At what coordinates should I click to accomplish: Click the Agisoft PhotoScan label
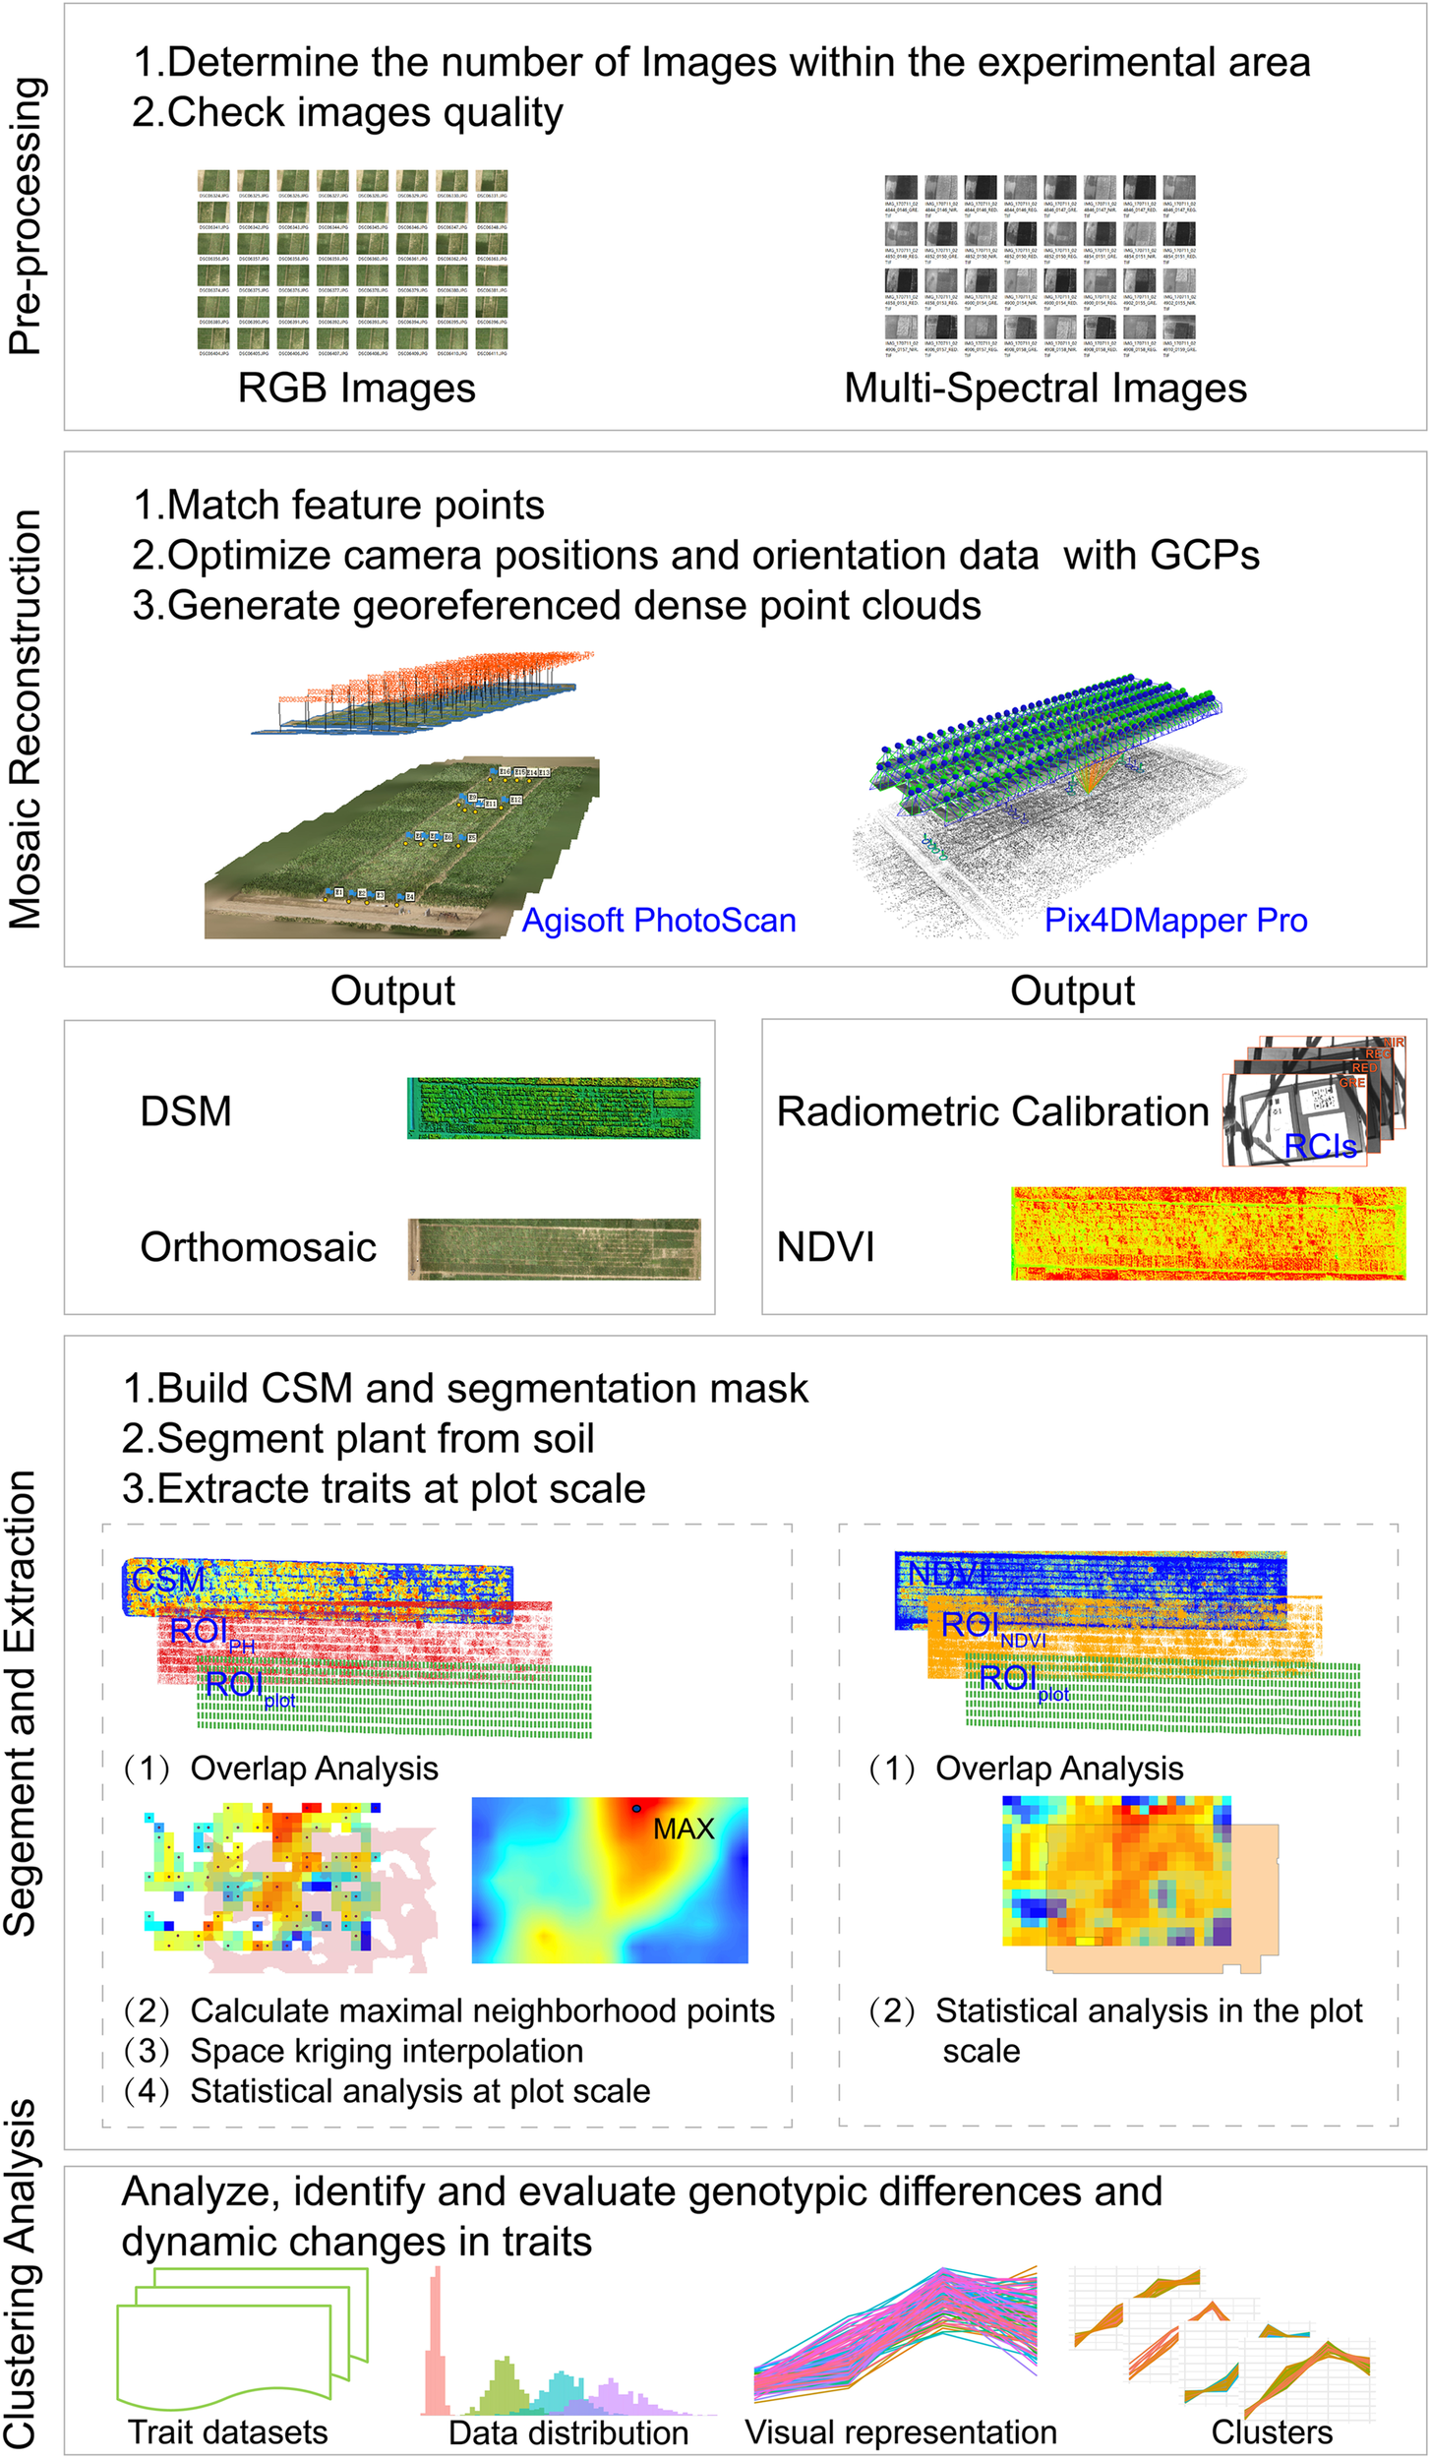[658, 921]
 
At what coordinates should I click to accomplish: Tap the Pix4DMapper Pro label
[1175, 921]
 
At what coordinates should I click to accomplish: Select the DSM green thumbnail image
[554, 1109]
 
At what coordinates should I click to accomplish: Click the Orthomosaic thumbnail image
[554, 1248]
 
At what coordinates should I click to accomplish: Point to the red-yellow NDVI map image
[1208, 1232]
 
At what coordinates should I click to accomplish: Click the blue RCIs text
[1320, 1146]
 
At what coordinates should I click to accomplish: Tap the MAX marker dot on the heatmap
[636, 1808]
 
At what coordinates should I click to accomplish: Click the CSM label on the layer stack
[168, 1581]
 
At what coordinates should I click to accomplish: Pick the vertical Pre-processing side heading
[26, 216]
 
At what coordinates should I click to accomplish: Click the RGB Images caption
[356, 389]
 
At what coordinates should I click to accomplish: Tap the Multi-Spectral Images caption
[1044, 389]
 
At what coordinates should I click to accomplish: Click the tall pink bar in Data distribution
[437, 2341]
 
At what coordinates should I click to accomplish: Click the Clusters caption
[1271, 2432]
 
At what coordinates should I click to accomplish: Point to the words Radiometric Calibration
[991, 1111]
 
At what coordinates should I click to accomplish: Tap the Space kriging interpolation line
[386, 2051]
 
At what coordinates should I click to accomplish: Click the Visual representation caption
[900, 2432]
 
